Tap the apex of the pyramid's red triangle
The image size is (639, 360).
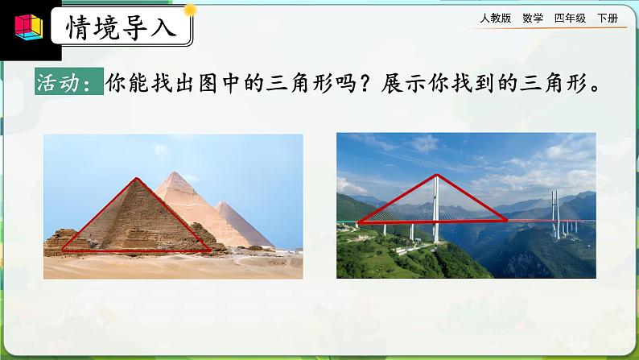tap(135, 178)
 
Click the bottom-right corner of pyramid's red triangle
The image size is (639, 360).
tap(212, 250)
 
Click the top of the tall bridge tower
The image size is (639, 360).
tap(435, 175)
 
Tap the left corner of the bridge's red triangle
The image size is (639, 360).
tap(358, 221)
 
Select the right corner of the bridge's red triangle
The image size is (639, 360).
tap(507, 217)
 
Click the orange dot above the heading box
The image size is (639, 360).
tap(191, 10)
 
